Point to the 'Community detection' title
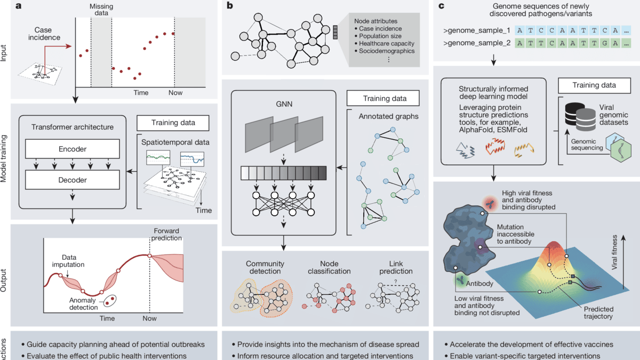tap(265, 267)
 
